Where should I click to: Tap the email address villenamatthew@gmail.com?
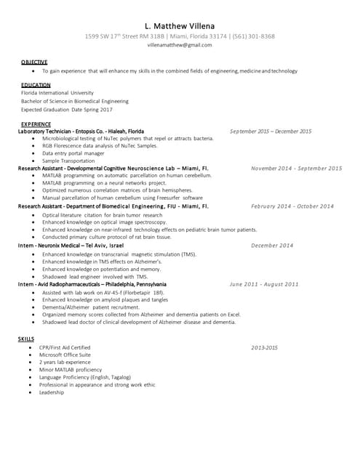(x=180, y=44)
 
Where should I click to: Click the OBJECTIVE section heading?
(x=34, y=62)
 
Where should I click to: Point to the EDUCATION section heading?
(x=36, y=85)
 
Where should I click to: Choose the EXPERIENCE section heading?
(x=36, y=124)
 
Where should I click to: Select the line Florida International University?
(x=57, y=93)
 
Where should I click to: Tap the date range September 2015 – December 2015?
(x=271, y=132)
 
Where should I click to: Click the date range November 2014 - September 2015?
(x=296, y=169)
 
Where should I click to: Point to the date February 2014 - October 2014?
(x=292, y=206)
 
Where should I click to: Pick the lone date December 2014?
(x=271, y=246)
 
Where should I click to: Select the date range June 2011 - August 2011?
(x=264, y=284)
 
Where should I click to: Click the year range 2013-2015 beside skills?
(x=265, y=348)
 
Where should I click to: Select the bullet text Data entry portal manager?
(x=74, y=153)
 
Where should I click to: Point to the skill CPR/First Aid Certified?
(x=65, y=348)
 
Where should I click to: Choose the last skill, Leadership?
(x=52, y=392)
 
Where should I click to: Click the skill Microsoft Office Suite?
(x=66, y=355)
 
